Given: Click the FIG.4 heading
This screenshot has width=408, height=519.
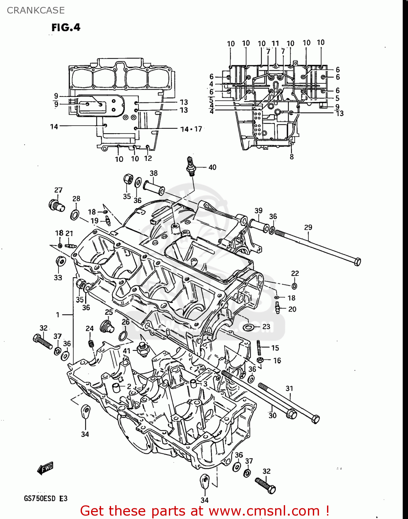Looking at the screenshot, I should click(66, 27).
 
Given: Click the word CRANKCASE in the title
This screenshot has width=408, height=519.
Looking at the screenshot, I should click(36, 10).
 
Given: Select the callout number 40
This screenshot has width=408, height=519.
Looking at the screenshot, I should click(212, 167).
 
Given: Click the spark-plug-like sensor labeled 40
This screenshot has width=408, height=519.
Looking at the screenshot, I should click(190, 165).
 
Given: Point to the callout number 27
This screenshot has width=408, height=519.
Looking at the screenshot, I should click(58, 190).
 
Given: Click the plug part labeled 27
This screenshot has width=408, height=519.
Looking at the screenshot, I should click(56, 205).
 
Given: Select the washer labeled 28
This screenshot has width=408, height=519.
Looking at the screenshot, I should click(74, 215).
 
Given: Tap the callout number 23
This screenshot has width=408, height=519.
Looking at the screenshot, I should click(266, 327).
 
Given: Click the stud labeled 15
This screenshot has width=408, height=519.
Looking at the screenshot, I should click(258, 348).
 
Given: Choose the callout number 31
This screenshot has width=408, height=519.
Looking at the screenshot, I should click(289, 389).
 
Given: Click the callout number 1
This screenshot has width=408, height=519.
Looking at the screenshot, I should click(58, 315).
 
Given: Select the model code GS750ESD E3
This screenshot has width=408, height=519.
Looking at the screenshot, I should click(46, 499).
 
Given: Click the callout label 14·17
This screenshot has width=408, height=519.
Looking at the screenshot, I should click(191, 129).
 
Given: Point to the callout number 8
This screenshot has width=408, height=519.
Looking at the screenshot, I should click(292, 157).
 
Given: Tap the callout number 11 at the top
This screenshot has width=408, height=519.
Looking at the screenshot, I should click(275, 43).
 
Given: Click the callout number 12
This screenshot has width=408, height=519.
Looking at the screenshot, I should click(148, 158).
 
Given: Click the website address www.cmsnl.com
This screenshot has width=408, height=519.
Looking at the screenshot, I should click(264, 511).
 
